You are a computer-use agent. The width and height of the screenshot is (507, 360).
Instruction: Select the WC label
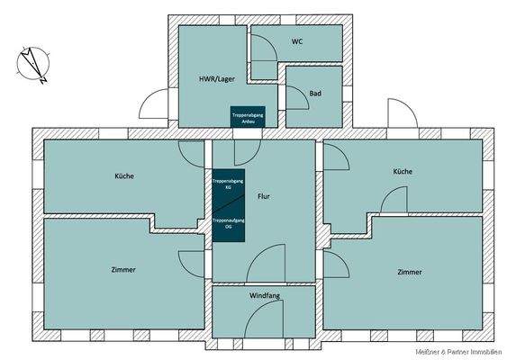pos(297,42)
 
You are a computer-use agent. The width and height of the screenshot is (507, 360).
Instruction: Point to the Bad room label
pos(315,94)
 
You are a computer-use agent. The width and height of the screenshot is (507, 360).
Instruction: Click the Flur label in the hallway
pos(264,196)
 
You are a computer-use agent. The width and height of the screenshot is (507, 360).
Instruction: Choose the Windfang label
pos(264,295)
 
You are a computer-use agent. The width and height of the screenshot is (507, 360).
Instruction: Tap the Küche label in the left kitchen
pos(124,175)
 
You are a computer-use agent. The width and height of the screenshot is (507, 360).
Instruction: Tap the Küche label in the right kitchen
pos(403,171)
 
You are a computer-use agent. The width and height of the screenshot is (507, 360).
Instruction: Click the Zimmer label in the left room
pos(124,269)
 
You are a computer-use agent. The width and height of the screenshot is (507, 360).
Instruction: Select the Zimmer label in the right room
pos(409,271)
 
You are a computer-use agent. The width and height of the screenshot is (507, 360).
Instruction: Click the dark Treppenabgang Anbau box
pos(246,119)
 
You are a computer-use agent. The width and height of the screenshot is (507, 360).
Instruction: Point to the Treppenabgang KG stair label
pos(228,183)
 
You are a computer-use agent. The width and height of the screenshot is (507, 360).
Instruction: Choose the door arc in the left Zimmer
pos(192,263)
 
